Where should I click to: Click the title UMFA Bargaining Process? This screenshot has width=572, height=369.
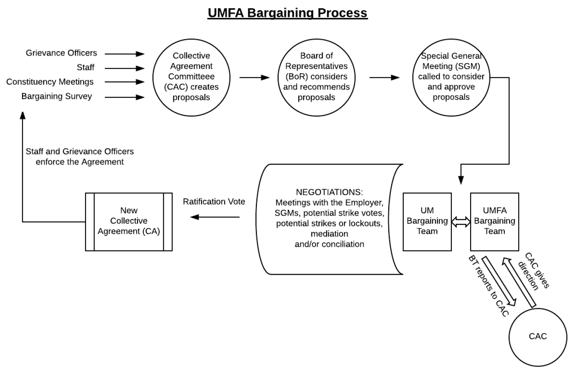(288, 13)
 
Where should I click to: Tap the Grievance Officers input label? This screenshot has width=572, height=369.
(61, 53)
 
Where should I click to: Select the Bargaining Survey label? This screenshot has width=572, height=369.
(57, 96)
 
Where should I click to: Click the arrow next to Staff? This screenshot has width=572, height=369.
(125, 69)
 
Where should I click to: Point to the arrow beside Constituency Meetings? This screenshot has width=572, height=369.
(125, 82)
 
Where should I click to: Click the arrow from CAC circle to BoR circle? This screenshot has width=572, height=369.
(254, 78)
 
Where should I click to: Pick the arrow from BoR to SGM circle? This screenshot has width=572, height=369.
(385, 78)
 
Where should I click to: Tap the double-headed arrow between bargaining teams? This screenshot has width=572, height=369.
(461, 222)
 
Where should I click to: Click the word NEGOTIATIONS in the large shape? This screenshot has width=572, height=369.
(329, 192)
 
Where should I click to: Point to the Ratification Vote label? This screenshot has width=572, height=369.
(214, 202)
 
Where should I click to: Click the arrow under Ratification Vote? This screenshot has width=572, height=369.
(215, 217)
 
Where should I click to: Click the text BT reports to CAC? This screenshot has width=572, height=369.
(489, 286)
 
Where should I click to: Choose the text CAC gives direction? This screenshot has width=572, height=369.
(534, 271)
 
